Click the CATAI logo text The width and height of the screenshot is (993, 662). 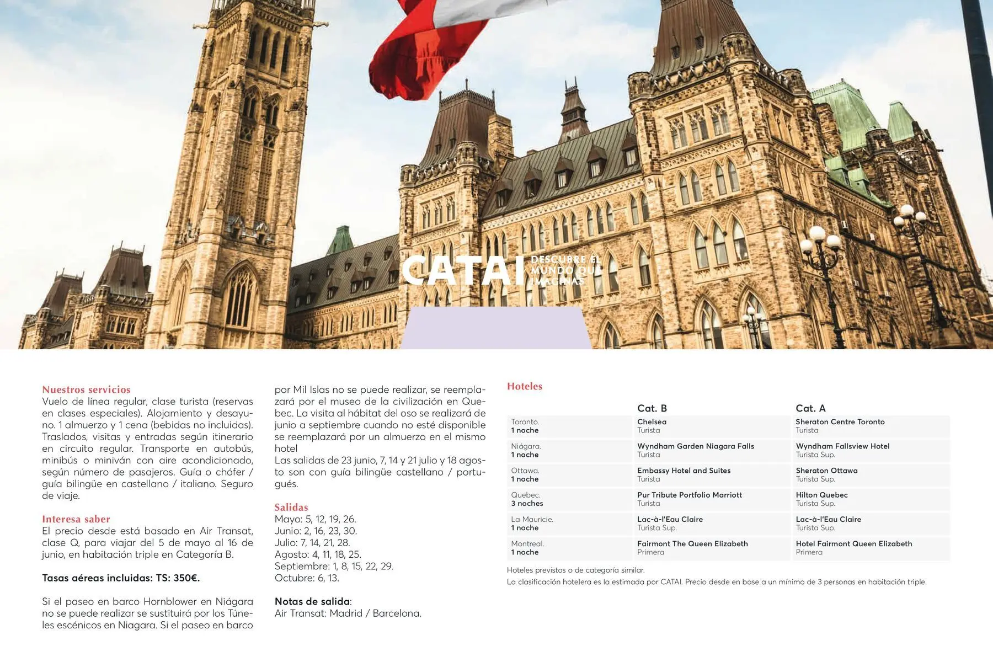[462, 270]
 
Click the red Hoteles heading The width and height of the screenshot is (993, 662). [524, 386]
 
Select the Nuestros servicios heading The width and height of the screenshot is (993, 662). [86, 389]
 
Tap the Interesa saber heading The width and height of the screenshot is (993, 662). [76, 519]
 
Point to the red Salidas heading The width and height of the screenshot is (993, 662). [291, 507]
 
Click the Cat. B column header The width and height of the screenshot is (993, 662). [652, 408]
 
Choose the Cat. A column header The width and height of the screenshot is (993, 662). [810, 408]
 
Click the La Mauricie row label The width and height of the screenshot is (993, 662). [532, 524]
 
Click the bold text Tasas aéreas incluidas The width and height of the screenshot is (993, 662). [121, 578]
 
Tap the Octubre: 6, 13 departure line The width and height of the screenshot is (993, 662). [307, 578]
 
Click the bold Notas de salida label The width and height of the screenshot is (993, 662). [312, 601]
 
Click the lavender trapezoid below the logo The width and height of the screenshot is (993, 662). [495, 328]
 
